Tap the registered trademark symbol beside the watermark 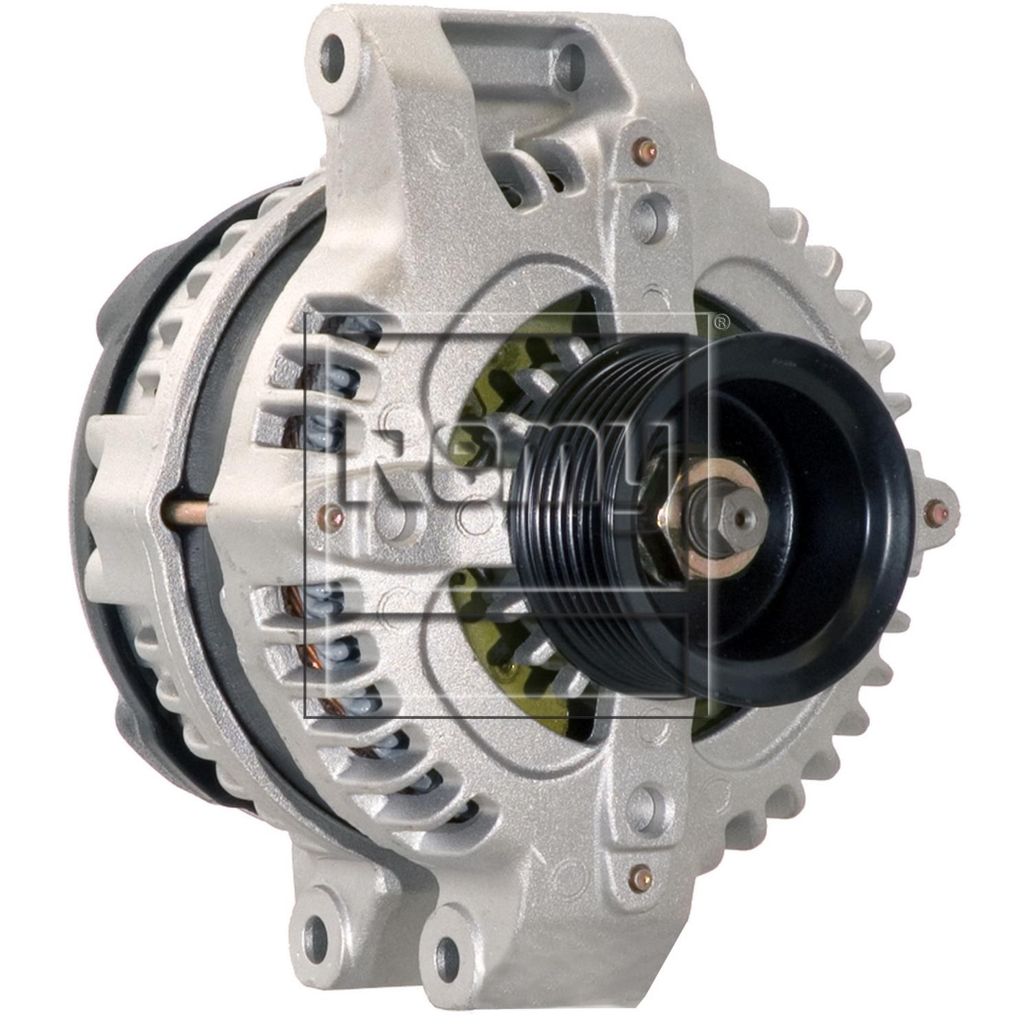tap(721, 321)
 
